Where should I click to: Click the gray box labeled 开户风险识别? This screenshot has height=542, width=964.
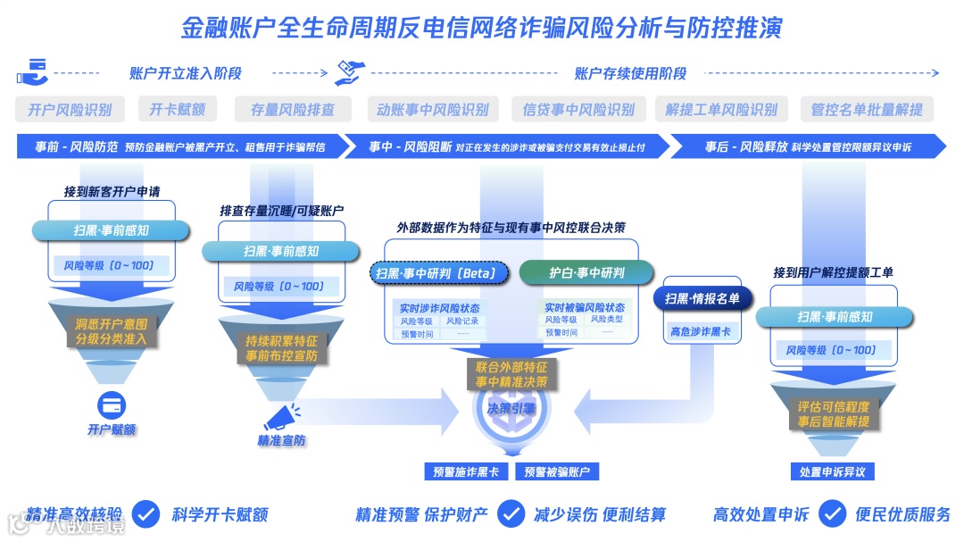pyautogui.click(x=71, y=110)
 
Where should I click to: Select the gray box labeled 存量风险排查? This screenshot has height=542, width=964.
pyautogui.click(x=293, y=110)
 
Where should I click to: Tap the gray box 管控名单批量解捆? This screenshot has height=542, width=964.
pyautogui.click(x=867, y=110)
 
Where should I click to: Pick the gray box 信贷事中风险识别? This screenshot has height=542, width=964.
pyautogui.click(x=578, y=110)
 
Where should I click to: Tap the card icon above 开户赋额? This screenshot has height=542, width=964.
pyautogui.click(x=112, y=404)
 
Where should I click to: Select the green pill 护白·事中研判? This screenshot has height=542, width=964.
pyautogui.click(x=586, y=272)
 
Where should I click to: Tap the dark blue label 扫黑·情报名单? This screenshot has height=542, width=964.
pyautogui.click(x=702, y=298)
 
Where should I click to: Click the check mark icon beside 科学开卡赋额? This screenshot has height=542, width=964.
pyautogui.click(x=146, y=513)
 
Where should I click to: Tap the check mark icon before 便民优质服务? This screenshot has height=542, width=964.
pyautogui.click(x=832, y=513)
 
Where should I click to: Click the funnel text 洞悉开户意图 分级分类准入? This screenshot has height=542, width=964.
pyautogui.click(x=111, y=331)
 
